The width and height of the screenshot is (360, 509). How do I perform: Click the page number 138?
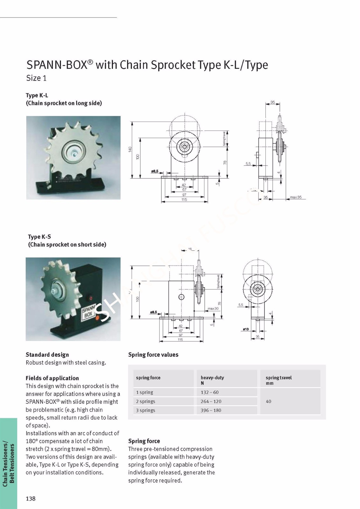pos(31,499)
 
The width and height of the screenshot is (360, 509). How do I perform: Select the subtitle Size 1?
pos(36,78)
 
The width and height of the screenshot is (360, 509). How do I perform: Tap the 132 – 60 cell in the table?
pos(209,392)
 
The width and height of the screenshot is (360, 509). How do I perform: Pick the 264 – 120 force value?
pos(211,401)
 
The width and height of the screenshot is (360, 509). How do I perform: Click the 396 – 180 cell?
pos(211,410)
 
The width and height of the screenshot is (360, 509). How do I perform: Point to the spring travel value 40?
pos(268,401)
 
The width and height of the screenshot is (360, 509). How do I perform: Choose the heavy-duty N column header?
pos(212,380)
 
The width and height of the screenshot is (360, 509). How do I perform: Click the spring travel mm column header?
pos(279,380)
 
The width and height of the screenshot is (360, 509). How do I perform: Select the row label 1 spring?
pos(145,392)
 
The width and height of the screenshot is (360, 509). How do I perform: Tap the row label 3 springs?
pos(145,410)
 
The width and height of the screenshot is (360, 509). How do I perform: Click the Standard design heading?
pos(47,355)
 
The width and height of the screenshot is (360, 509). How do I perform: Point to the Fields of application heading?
pos(52,378)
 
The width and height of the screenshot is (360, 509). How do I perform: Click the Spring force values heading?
pos(153,355)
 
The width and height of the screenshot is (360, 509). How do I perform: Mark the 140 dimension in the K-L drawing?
pos(130,149)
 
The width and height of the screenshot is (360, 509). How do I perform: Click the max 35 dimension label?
pos(295,197)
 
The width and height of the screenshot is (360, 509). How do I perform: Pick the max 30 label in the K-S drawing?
pos(213,309)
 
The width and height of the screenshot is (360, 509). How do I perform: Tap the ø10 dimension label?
pos(245,329)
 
